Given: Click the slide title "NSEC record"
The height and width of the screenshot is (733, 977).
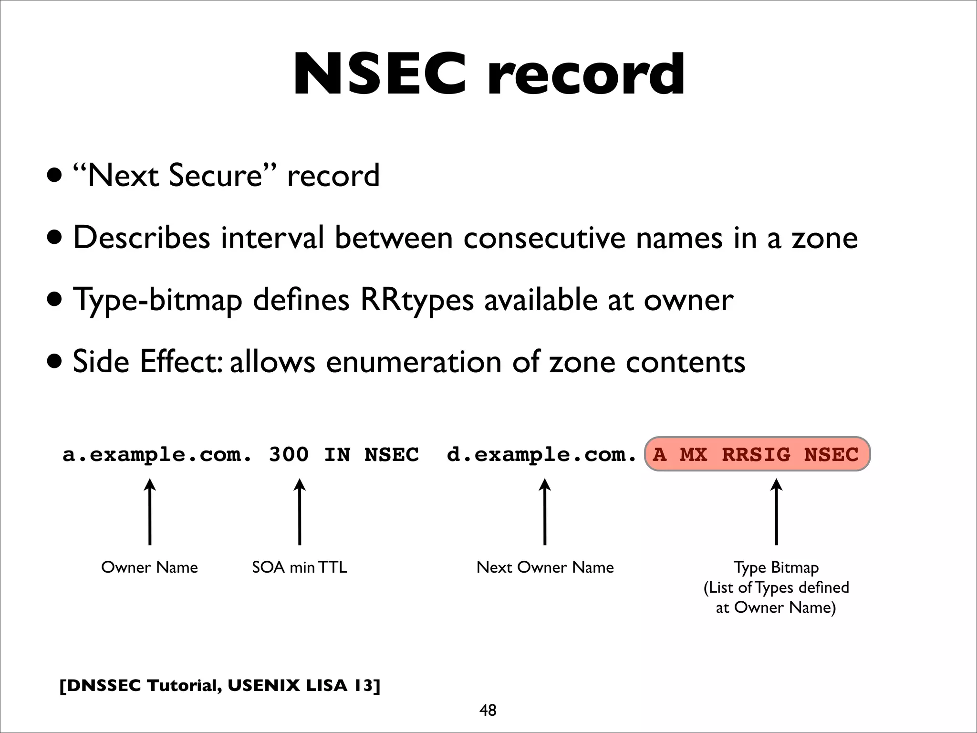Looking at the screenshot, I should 488,75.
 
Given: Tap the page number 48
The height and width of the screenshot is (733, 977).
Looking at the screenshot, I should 488,710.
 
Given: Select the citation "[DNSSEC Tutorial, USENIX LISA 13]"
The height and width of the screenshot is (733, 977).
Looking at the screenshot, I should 219,685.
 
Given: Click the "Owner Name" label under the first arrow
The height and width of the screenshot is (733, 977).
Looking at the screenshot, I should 149,567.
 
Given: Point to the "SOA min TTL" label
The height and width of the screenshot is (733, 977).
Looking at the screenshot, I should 299,567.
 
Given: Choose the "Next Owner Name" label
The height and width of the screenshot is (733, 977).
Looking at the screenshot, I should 545,567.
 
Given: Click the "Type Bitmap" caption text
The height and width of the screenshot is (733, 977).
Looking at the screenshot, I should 776,567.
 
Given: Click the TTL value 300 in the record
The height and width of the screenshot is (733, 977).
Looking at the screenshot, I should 289,454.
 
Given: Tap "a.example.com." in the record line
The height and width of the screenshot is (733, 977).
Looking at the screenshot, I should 157,455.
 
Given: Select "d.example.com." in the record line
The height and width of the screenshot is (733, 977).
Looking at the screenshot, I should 541,455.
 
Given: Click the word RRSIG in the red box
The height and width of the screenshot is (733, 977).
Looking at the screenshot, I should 756,454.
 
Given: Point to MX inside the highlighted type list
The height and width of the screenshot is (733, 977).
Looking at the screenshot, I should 693,454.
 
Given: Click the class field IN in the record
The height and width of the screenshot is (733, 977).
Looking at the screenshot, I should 337,454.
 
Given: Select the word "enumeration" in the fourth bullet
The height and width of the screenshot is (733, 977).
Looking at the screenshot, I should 414,362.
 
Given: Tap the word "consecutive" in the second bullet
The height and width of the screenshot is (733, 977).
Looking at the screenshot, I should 544,238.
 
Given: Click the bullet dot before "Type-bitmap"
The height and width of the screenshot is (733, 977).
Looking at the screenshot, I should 54,300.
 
